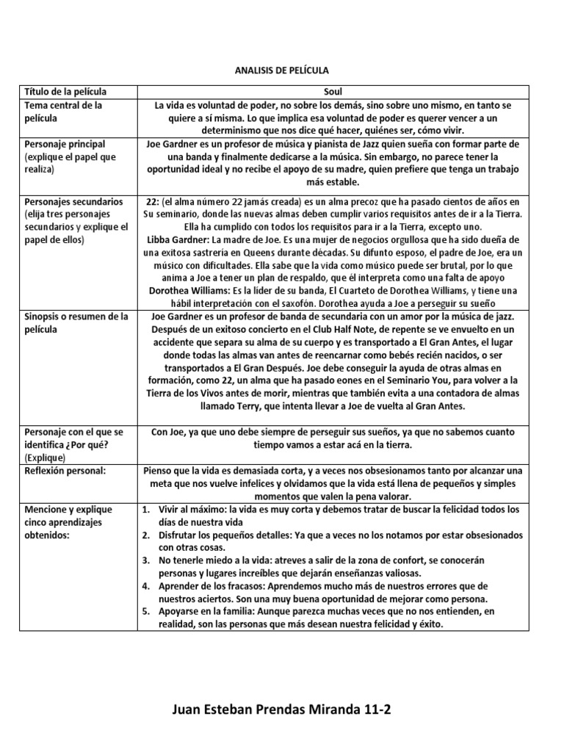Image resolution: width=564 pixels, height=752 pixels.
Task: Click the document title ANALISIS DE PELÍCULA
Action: [282, 70]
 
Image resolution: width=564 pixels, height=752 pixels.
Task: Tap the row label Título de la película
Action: [65, 92]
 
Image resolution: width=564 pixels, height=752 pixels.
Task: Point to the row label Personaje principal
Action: [65, 144]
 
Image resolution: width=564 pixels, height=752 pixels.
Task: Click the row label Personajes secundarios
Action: [73, 201]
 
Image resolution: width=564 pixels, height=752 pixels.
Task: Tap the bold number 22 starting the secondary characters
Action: [152, 201]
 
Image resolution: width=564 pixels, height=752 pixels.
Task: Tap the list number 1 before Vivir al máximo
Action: [146, 509]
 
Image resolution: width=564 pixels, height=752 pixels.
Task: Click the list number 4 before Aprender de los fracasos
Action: [146, 586]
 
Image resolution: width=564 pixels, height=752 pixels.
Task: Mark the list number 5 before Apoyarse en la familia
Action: [146, 612]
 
